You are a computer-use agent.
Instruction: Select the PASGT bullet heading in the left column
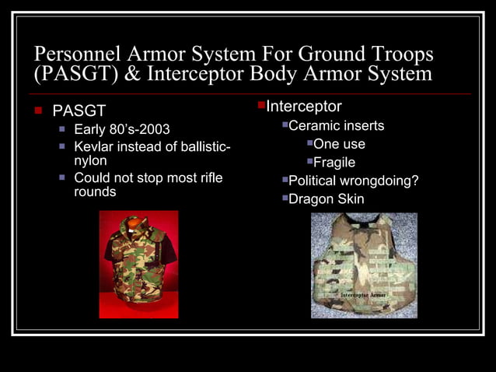[79, 111]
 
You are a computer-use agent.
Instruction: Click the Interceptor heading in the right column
[304, 107]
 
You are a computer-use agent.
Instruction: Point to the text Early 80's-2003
[121, 128]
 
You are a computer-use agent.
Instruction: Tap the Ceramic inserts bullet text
[336, 125]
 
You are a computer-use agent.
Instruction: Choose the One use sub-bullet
[339, 144]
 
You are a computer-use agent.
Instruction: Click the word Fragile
[334, 163]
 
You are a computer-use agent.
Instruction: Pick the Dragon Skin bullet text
[326, 198]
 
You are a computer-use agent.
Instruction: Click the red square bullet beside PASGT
[37, 111]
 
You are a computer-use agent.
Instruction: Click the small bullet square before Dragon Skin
[285, 198]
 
